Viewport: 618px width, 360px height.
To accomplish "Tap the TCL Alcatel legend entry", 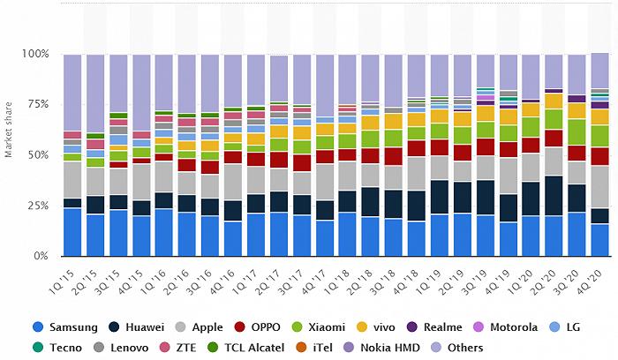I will [x=297, y=348].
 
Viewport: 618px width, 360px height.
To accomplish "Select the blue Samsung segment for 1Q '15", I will [x=73, y=232].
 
